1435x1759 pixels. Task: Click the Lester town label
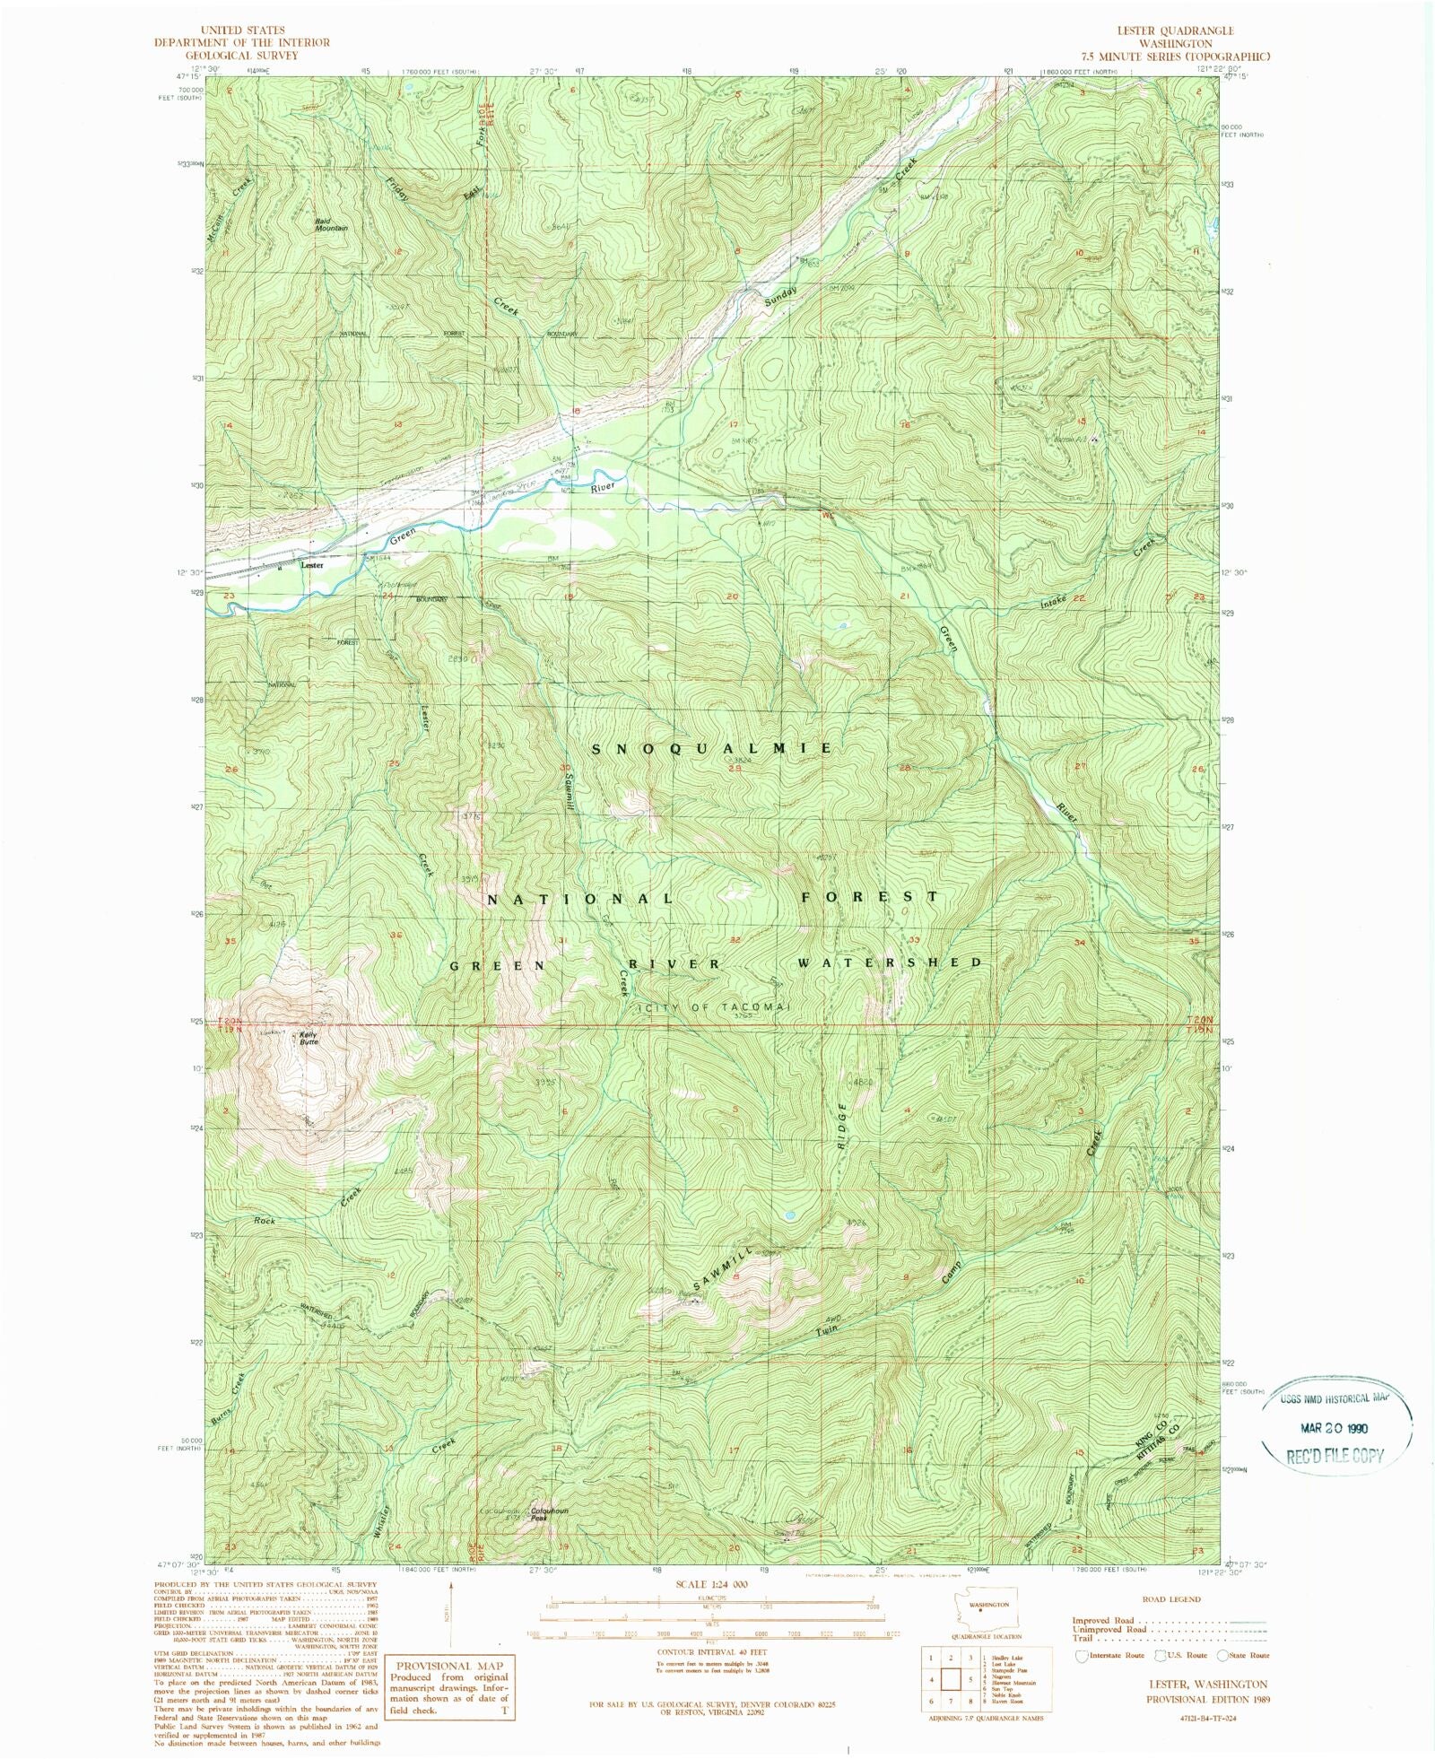click(x=312, y=565)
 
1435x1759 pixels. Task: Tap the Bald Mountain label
click(x=329, y=224)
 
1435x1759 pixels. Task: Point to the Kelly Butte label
click(x=309, y=1039)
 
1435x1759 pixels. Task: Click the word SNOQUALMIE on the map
click(x=712, y=747)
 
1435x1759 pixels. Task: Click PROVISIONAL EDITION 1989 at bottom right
click(x=1207, y=1699)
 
